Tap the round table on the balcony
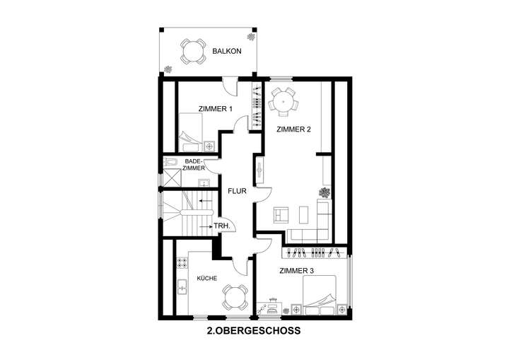coord(192,50)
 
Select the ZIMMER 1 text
coord(216,109)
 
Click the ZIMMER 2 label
coord(293,129)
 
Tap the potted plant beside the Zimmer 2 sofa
coord(325,192)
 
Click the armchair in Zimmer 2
coord(281,213)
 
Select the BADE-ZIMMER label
coord(194,165)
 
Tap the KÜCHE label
coord(206,278)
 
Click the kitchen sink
coord(182,288)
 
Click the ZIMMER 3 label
coord(297,271)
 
